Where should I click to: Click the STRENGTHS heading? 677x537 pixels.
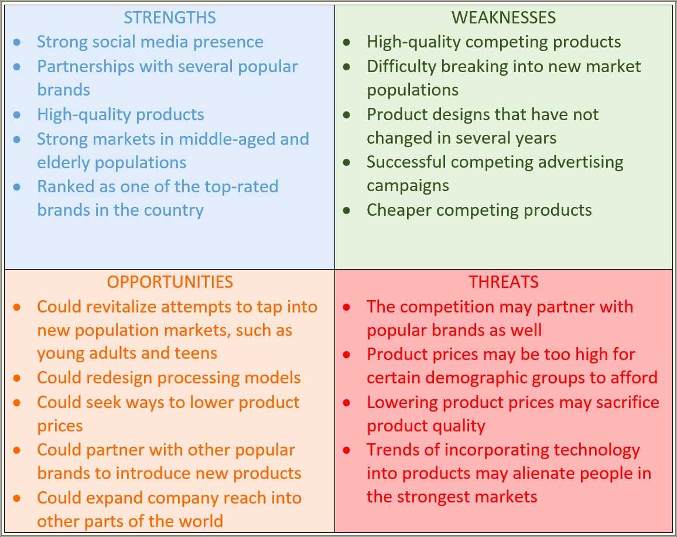(170, 18)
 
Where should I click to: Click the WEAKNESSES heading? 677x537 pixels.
(504, 18)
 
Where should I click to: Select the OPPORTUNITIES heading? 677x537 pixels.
(170, 282)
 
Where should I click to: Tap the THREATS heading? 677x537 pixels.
(504, 282)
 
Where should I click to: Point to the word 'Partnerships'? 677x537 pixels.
(86, 67)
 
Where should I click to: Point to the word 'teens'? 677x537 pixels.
(196, 354)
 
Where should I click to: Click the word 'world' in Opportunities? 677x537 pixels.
(201, 521)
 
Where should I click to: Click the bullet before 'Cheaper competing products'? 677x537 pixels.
(347, 210)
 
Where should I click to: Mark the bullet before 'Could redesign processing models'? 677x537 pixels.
(17, 378)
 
